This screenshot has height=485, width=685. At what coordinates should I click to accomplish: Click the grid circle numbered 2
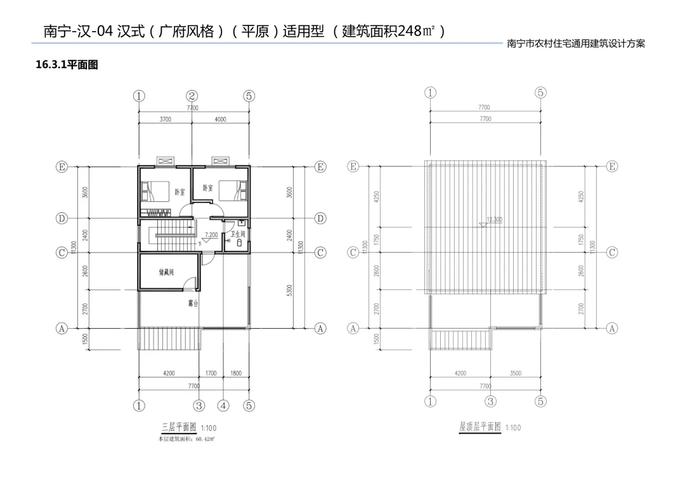pos(192,96)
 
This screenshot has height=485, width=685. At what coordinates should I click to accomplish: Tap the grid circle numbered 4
pos(223,405)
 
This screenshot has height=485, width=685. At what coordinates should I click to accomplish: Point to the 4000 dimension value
pos(220,119)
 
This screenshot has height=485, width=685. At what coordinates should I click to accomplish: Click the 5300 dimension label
pos(290,290)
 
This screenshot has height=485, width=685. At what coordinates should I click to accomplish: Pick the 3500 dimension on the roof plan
pos(515,373)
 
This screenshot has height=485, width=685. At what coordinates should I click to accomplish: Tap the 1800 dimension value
pos(236,373)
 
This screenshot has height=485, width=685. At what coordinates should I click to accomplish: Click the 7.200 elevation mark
pos(211,235)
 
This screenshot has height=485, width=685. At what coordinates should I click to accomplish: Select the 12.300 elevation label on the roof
pos(494,220)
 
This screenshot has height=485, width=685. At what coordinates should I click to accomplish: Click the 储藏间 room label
pos(167,271)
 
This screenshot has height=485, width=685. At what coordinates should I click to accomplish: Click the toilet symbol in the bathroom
pos(239,242)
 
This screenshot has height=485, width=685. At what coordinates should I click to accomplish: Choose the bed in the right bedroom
pos(232,189)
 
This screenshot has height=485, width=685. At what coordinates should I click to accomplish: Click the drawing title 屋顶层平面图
pos(480,427)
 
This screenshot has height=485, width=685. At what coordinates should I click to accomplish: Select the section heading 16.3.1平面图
pos(67,65)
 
